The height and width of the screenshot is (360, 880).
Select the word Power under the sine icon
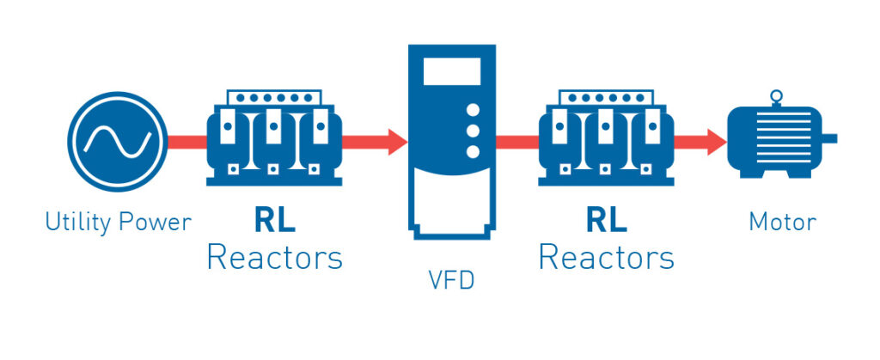click(x=156, y=223)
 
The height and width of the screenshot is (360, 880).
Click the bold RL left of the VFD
click(x=274, y=220)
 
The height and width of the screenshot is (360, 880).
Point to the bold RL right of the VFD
click(x=606, y=220)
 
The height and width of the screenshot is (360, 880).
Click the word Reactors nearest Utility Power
click(x=274, y=257)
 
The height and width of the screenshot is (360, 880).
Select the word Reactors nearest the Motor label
click(x=606, y=257)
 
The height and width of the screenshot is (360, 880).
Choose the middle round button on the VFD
click(x=472, y=131)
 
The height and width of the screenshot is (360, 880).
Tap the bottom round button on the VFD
click(x=472, y=152)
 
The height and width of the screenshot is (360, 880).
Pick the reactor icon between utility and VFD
click(x=274, y=137)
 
